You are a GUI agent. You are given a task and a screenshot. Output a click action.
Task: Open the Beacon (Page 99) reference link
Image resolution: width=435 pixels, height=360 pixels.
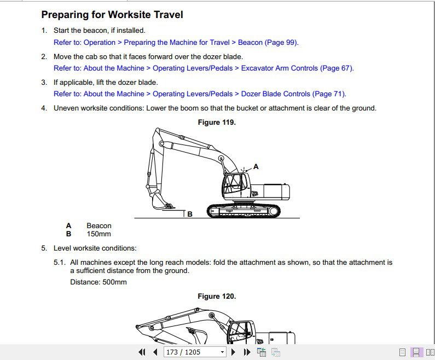pyautogui.click(x=176, y=43)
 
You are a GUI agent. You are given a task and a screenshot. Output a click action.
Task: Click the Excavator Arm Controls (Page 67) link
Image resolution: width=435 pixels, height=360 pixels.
pyautogui.click(x=204, y=68)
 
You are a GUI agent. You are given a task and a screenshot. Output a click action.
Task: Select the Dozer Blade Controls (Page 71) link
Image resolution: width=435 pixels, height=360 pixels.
pyautogui.click(x=200, y=94)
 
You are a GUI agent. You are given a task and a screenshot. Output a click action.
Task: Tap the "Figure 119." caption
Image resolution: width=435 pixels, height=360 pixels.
pyautogui.click(x=217, y=123)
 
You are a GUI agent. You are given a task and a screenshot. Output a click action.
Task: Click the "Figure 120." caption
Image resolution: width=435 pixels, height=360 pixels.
pyautogui.click(x=217, y=297)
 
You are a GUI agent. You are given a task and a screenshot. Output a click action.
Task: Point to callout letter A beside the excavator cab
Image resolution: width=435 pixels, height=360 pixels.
pyautogui.click(x=256, y=166)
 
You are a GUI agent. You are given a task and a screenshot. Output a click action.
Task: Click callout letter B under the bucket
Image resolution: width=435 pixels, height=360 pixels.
pyautogui.click(x=190, y=214)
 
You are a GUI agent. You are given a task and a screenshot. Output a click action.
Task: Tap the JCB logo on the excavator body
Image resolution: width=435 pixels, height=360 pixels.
pyautogui.click(x=254, y=193)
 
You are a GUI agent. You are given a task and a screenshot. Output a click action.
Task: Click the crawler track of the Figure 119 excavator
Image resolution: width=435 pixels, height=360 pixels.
pyautogui.click(x=244, y=211)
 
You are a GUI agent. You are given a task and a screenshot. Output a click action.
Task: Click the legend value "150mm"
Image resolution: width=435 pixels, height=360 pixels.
pyautogui.click(x=98, y=234)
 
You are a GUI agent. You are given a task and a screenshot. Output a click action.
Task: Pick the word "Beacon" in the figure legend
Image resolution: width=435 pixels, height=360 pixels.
pyautogui.click(x=98, y=226)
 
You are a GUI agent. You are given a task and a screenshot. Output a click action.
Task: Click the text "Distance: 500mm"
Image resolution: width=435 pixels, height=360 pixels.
pyautogui.click(x=98, y=282)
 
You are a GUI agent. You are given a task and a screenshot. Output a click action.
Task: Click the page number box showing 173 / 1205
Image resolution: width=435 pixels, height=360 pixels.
pyautogui.click(x=194, y=352)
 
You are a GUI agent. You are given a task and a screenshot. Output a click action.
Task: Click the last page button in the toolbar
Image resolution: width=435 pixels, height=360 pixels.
pyautogui.click(x=246, y=352)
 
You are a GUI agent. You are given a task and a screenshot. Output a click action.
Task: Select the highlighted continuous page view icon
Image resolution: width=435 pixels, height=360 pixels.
pyautogui.click(x=416, y=352)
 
